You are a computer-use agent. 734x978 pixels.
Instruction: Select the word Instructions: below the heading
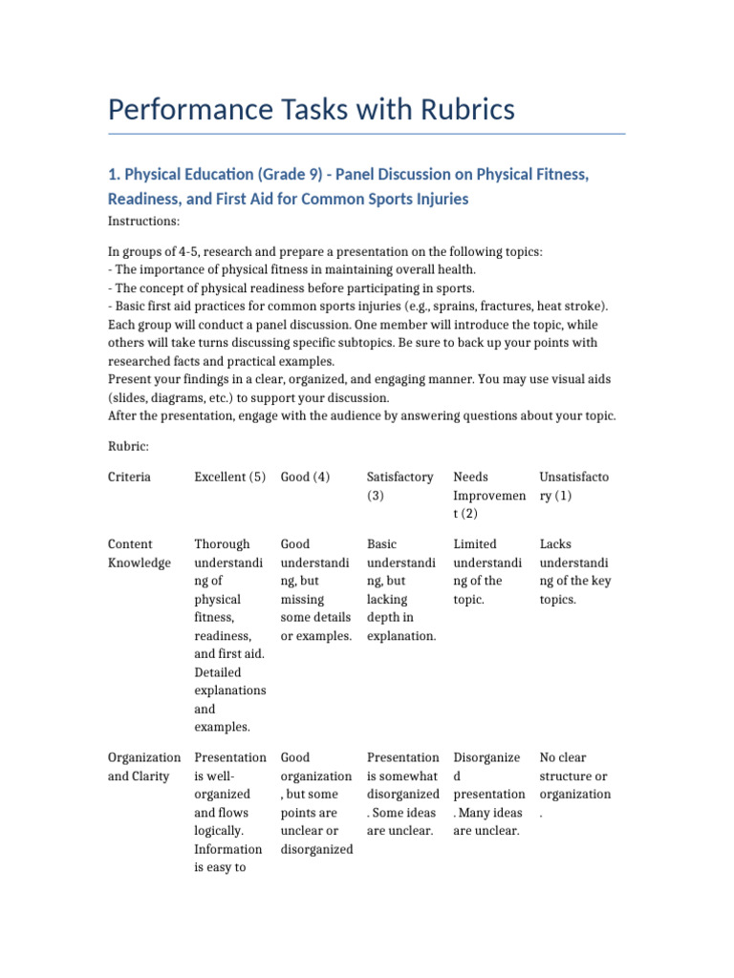point(144,222)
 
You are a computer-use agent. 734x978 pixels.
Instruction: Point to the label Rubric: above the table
point(128,445)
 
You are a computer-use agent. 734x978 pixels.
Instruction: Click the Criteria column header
point(129,477)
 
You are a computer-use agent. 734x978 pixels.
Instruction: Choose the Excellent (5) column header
point(229,477)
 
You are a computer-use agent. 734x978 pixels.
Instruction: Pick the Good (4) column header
point(305,477)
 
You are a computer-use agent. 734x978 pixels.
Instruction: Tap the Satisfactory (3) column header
point(399,486)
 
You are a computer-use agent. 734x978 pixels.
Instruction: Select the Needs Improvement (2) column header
point(488,495)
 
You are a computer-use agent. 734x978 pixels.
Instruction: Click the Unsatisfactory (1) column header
point(573,486)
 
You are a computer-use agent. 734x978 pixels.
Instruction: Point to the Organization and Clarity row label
point(143,766)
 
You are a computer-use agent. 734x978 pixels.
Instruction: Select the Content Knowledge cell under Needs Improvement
point(488,571)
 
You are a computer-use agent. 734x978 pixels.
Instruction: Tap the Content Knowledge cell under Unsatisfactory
point(574,571)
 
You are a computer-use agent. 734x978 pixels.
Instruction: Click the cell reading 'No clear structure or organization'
point(574,785)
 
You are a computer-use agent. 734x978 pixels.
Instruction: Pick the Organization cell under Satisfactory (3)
point(402,794)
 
